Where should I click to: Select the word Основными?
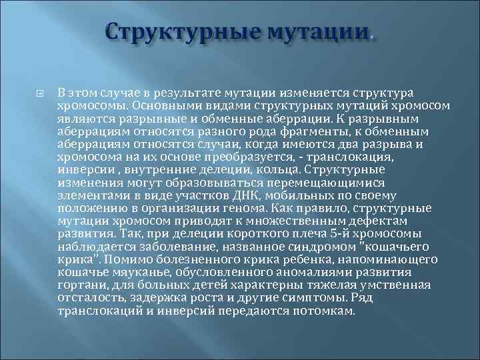(x=161, y=106)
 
